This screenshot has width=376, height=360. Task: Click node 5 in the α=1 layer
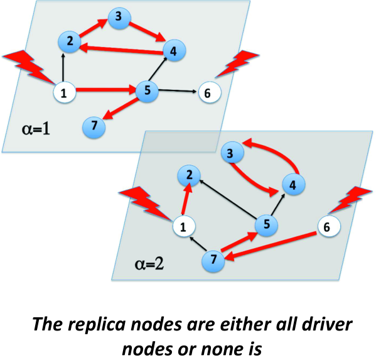click(147, 91)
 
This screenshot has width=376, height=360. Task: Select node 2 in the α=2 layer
click(188, 175)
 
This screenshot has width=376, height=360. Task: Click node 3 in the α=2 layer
click(232, 153)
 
